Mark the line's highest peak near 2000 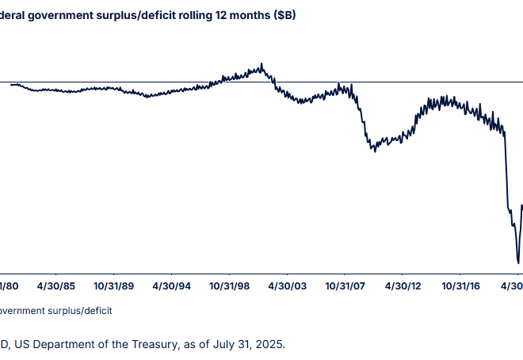(x=261, y=65)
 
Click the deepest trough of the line (x=518, y=262)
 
